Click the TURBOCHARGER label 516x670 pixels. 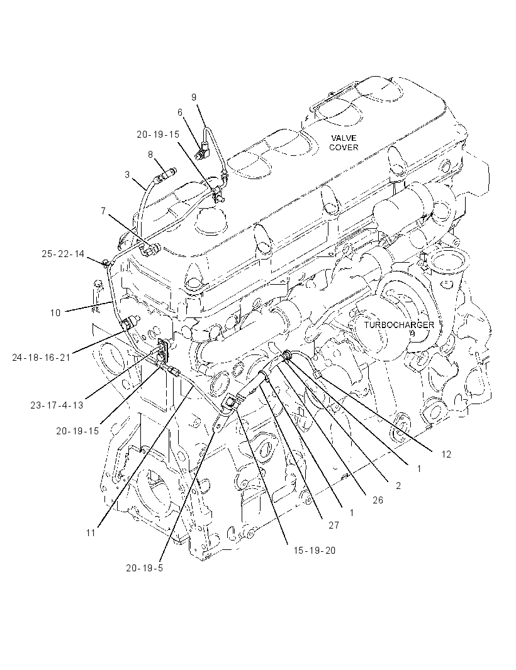pyautogui.click(x=399, y=325)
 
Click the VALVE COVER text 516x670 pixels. pyautogui.click(x=343, y=143)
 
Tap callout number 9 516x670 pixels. pyautogui.click(x=194, y=97)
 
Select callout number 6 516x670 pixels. pyautogui.click(x=180, y=113)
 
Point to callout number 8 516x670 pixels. pyautogui.click(x=150, y=154)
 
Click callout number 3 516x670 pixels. pyautogui.click(x=127, y=174)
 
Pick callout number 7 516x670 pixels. pyautogui.click(x=103, y=211)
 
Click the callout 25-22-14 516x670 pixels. pyautogui.click(x=64, y=254)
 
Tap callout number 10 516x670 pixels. pyautogui.click(x=55, y=313)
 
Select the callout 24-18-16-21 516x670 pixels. pyautogui.click(x=41, y=358)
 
